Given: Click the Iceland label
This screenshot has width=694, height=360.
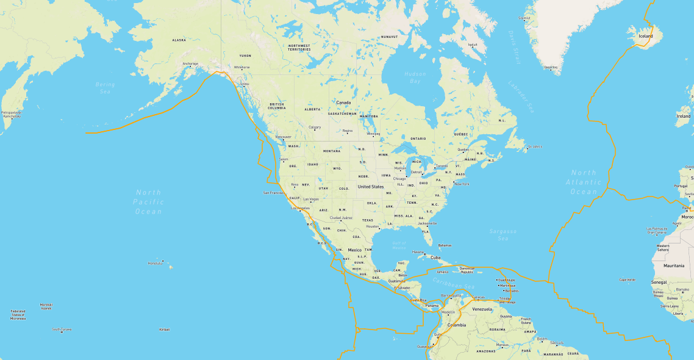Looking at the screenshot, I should (x=645, y=36).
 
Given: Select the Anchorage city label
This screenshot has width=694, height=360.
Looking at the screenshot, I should (x=190, y=63).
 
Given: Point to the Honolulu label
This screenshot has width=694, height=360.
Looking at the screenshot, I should (x=155, y=263).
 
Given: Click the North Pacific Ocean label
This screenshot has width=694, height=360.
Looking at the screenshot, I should (x=149, y=202).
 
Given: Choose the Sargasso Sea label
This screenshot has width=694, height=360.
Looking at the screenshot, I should (x=503, y=235).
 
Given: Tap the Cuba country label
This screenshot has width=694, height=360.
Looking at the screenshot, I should (x=435, y=257).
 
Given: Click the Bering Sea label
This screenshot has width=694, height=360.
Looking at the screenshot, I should (x=105, y=88).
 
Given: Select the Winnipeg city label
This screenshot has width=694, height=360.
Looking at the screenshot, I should (x=373, y=133).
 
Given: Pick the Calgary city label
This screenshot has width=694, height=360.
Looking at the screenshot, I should (x=315, y=127).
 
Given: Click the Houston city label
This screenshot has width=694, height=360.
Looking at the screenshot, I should (x=373, y=226).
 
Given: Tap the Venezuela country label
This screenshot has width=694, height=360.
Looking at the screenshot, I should (x=482, y=309).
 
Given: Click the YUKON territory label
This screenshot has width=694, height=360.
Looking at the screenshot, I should (x=245, y=56).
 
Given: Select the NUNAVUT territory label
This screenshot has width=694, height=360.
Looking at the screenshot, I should (x=389, y=37).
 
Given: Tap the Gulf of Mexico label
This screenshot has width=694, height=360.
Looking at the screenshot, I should (x=399, y=245).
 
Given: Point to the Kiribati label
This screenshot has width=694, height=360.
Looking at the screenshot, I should (x=164, y=329).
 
